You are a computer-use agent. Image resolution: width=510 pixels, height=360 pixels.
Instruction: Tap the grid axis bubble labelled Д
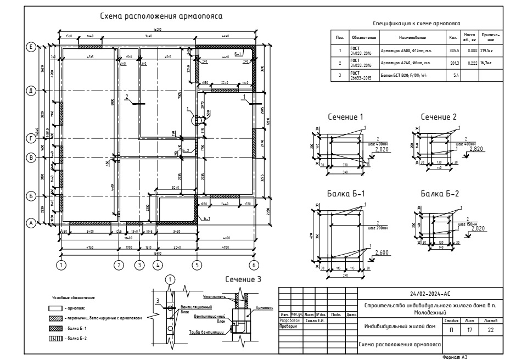(x=32, y=90)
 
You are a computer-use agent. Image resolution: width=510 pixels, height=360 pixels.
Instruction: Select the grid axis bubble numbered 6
(x=254, y=265)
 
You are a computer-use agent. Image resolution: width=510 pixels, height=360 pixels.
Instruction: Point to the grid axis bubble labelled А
(x=32, y=223)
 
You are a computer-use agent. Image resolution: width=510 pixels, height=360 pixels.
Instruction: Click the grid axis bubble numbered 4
(x=158, y=265)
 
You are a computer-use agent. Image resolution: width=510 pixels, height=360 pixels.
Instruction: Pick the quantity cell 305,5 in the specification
(x=453, y=50)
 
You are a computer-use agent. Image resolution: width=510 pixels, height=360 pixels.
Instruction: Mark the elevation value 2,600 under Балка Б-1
(x=383, y=252)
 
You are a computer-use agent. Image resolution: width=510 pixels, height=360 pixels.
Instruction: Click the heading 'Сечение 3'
(x=244, y=279)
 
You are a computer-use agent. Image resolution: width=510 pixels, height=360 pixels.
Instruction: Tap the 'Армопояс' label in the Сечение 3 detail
(x=264, y=308)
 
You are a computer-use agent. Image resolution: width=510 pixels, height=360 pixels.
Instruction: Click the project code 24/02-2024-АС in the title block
(x=430, y=294)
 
